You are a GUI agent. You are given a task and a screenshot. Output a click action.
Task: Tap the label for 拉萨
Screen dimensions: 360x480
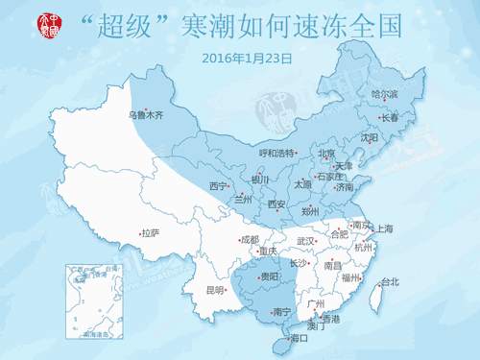coord(150,233)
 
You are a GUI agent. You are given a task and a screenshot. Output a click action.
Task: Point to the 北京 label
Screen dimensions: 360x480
coord(326,154)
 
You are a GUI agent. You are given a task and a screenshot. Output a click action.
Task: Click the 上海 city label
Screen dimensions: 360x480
coord(385,228)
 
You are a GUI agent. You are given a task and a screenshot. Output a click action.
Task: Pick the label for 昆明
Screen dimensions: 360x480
coord(214,290)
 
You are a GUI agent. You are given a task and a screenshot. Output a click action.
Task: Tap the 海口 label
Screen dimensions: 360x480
coord(299,338)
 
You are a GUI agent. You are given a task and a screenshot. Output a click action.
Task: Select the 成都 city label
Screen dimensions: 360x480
coord(250,240)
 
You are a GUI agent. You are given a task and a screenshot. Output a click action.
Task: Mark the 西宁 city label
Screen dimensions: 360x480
coord(218,185)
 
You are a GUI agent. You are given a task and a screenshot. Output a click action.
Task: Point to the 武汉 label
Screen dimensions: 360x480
coord(306,241)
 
